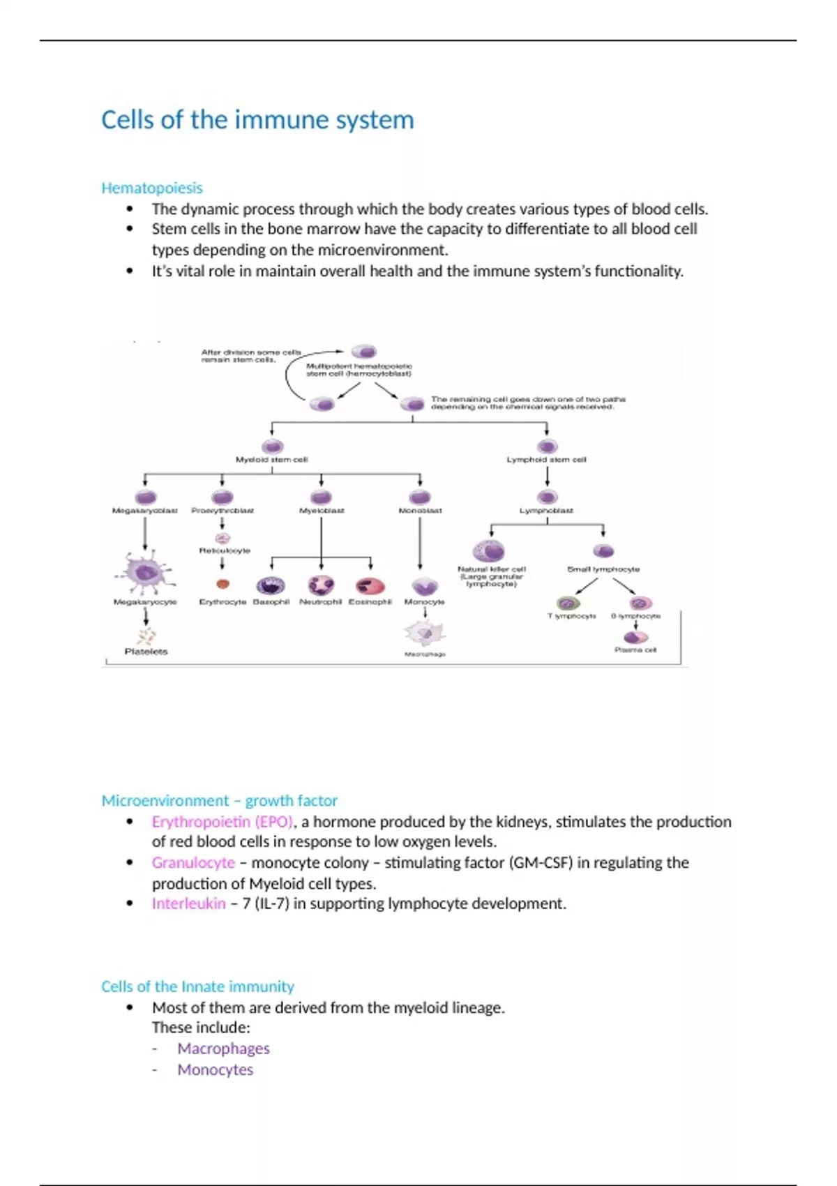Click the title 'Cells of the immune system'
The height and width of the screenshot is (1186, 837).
pos(257,120)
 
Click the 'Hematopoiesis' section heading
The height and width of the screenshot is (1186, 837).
pos(151,188)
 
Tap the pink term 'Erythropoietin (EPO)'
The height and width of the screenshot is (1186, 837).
pos(223,821)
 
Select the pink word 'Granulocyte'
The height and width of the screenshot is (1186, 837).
pos(193,862)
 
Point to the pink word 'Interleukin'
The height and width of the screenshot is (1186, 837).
pos(188,903)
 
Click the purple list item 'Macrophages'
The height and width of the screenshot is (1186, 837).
pos(223,1049)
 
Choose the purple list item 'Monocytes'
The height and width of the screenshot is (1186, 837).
pos(215,1069)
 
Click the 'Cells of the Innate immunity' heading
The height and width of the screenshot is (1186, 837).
pos(197,986)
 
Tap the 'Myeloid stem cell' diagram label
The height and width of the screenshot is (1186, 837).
pos(271,460)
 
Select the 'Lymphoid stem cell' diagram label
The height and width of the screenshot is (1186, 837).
pos(546,460)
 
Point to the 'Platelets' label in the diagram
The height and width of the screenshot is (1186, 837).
pos(146,652)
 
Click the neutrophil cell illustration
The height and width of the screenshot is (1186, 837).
pos(321,585)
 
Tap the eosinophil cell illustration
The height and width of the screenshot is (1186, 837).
pos(370,585)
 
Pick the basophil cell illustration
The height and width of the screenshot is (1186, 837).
pos(271,585)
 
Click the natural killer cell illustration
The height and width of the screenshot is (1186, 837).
pos(490,551)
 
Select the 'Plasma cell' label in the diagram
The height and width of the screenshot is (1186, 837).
pos(635,650)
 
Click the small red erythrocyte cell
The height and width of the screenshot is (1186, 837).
pos(223,585)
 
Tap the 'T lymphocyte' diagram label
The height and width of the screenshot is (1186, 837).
pos(571,616)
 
